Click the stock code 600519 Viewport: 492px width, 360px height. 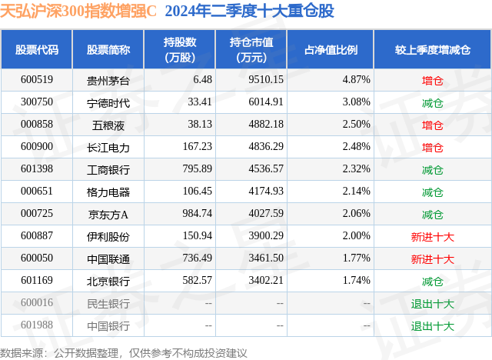tap(37, 79)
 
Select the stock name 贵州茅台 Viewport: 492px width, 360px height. tap(108, 79)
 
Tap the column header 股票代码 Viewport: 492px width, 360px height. tap(37, 50)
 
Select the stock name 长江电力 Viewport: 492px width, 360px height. tap(108, 147)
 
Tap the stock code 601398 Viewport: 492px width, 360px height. tap(37, 169)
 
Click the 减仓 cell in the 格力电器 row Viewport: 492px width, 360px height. tap(433, 192)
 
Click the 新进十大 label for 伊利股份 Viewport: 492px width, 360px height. tap(433, 237)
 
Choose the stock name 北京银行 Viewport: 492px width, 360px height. tap(108, 282)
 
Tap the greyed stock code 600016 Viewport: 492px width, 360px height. tap(37, 304)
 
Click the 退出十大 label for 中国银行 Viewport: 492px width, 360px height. tap(433, 326)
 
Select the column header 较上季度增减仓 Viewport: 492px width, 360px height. tap(433, 50)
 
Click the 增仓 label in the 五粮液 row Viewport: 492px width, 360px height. tap(433, 124)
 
